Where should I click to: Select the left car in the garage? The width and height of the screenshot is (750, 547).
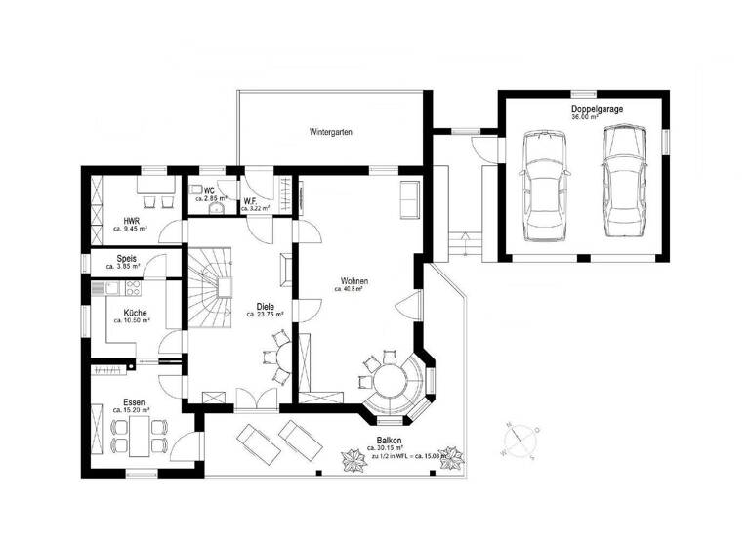(x=545, y=186)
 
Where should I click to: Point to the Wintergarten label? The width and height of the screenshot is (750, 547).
(x=331, y=131)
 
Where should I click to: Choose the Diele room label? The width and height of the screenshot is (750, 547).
(x=265, y=306)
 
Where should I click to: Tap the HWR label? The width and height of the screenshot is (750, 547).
(x=131, y=221)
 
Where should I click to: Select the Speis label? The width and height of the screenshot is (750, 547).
(x=126, y=258)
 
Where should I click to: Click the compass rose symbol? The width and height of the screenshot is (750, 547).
(x=518, y=439)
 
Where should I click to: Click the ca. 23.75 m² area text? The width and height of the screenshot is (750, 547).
(x=265, y=315)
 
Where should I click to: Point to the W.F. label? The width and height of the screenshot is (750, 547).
(x=250, y=200)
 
